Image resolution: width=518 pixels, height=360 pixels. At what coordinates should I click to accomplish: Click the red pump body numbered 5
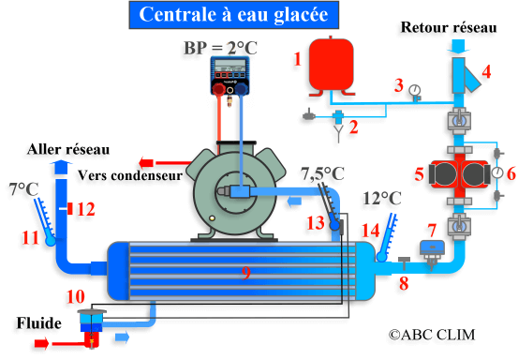pos(451,175)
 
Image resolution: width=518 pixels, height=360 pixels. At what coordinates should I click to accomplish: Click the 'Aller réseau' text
pos(68,149)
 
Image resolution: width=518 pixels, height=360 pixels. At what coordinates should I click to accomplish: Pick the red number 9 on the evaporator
pos(245,273)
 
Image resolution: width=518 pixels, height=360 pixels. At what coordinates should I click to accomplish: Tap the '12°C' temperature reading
pos(381,198)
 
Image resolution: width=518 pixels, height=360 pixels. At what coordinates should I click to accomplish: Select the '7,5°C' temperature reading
pos(321,173)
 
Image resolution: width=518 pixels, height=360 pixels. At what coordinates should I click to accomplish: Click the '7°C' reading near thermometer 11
pos(23,188)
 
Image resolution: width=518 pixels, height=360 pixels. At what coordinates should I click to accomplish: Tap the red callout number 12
pos(86,210)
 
